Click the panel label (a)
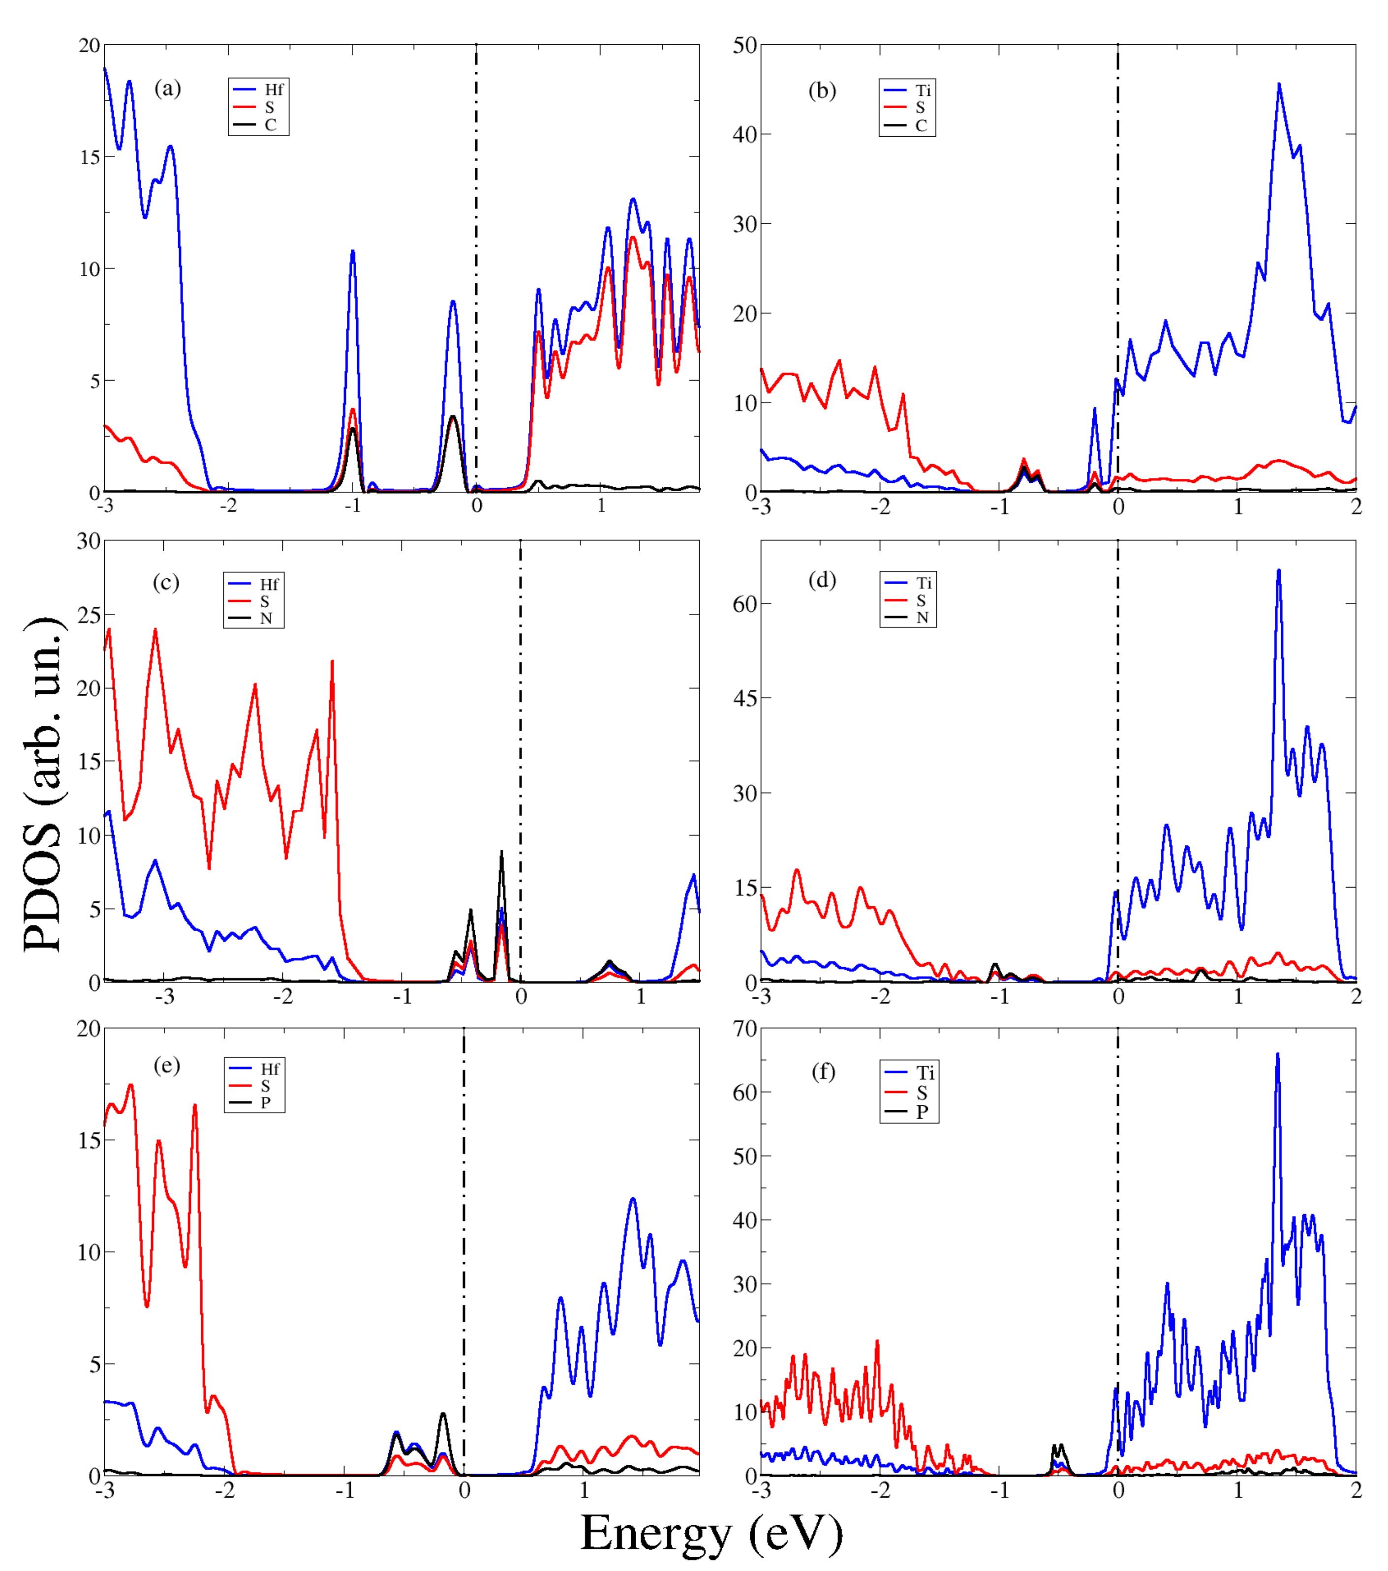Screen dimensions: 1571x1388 pyautogui.click(x=168, y=89)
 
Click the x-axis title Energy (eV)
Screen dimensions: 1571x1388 pyautogui.click(x=711, y=1533)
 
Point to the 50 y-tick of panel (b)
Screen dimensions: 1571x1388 pyautogui.click(x=744, y=45)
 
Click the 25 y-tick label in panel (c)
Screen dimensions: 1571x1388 pyautogui.click(x=89, y=615)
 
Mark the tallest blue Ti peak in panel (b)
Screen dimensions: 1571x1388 pyautogui.click(x=1279, y=85)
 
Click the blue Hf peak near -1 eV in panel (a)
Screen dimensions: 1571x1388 pyautogui.click(x=352, y=251)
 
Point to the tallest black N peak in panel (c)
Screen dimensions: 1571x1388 pyautogui.click(x=501, y=852)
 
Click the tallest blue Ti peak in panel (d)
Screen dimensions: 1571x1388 pyautogui.click(x=1278, y=570)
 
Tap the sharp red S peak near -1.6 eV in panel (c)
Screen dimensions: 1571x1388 pyautogui.click(x=332, y=661)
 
